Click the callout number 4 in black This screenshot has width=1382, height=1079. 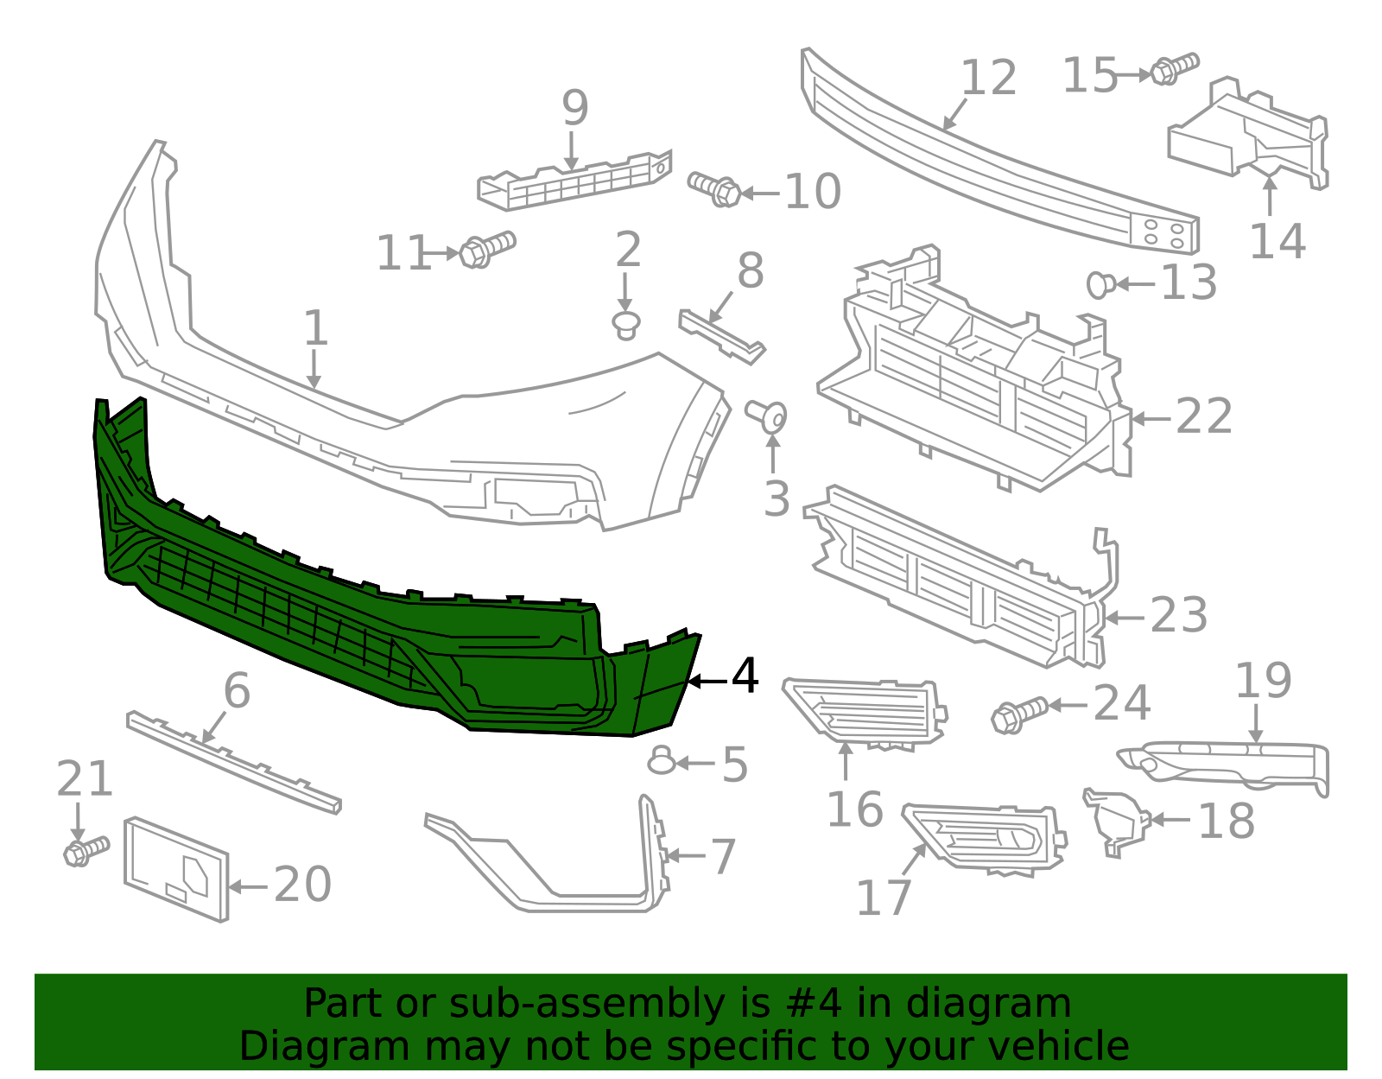tap(745, 676)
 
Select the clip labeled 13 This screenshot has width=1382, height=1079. tap(1100, 284)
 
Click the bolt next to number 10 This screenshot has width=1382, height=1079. tap(714, 188)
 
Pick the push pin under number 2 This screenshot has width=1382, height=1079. tap(626, 326)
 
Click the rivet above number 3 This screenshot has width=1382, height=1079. tap(767, 416)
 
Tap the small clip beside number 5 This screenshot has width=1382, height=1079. tap(662, 760)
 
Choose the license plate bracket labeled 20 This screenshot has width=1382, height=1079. tap(177, 867)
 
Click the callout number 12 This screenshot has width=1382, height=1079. tap(989, 79)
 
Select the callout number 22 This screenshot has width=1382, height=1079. tap(1203, 417)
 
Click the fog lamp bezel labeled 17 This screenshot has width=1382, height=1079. tap(985, 836)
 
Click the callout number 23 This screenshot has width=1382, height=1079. tap(1178, 616)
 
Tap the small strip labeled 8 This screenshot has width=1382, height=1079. tap(721, 337)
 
